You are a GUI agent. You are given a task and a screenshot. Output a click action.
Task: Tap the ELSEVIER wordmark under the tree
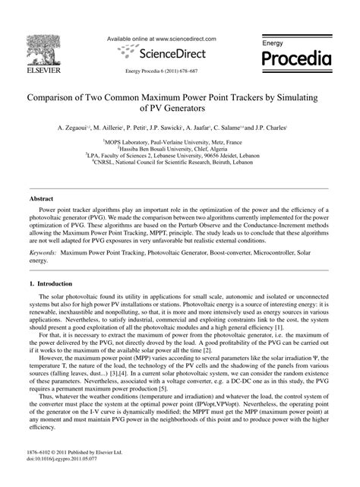tap(46, 74)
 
